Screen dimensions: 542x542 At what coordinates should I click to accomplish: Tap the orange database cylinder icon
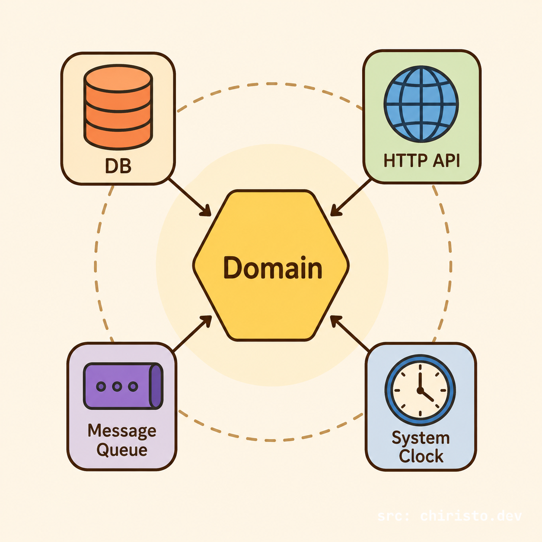tap(118, 107)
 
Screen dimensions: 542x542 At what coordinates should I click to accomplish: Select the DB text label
tap(118, 166)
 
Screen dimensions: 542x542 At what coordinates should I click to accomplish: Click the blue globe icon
tap(421, 104)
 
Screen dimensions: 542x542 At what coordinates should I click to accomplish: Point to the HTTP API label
tap(421, 161)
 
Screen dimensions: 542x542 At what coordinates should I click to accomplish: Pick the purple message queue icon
tap(123, 386)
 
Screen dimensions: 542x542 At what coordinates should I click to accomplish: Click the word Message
tap(122, 431)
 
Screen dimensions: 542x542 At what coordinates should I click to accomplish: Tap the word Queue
tap(122, 450)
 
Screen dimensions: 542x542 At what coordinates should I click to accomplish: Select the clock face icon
tap(420, 390)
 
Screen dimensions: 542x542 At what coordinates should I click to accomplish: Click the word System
tap(421, 438)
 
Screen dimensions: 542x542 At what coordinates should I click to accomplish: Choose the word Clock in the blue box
tap(421, 456)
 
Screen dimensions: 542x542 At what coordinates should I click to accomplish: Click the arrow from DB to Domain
tap(190, 198)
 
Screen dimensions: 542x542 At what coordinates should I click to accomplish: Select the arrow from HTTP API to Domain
tap(351, 198)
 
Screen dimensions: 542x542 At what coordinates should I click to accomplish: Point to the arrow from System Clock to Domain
tap(350, 333)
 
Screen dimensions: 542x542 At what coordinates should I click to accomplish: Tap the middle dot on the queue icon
tap(117, 386)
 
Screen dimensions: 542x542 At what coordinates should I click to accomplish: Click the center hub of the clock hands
tap(420, 390)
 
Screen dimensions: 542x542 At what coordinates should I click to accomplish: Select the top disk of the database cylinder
tap(118, 79)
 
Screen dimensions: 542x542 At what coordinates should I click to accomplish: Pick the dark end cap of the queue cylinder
tap(156, 386)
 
